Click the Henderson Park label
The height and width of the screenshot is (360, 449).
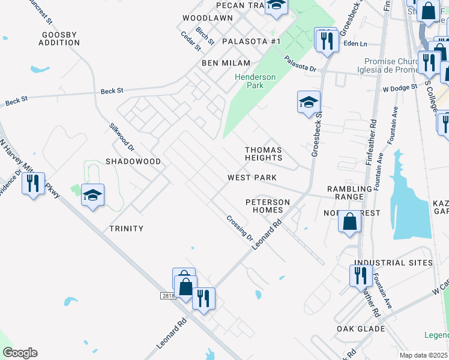[255, 81]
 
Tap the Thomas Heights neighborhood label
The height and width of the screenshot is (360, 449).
[264, 154]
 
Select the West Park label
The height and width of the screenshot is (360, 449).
[252, 178]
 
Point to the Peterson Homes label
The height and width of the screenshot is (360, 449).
[268, 206]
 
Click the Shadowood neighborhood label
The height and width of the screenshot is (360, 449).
[133, 161]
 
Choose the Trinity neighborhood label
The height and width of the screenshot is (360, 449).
[126, 229]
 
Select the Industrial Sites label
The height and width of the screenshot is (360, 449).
[393, 263]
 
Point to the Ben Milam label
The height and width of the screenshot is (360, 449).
[221, 63]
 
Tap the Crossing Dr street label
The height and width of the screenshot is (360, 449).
[240, 228]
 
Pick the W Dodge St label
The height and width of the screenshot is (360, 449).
[400, 88]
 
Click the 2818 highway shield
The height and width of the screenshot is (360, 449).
[168, 296]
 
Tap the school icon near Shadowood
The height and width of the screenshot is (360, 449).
[93, 194]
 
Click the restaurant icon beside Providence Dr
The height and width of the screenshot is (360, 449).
[33, 182]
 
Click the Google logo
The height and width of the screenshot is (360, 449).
[20, 353]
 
